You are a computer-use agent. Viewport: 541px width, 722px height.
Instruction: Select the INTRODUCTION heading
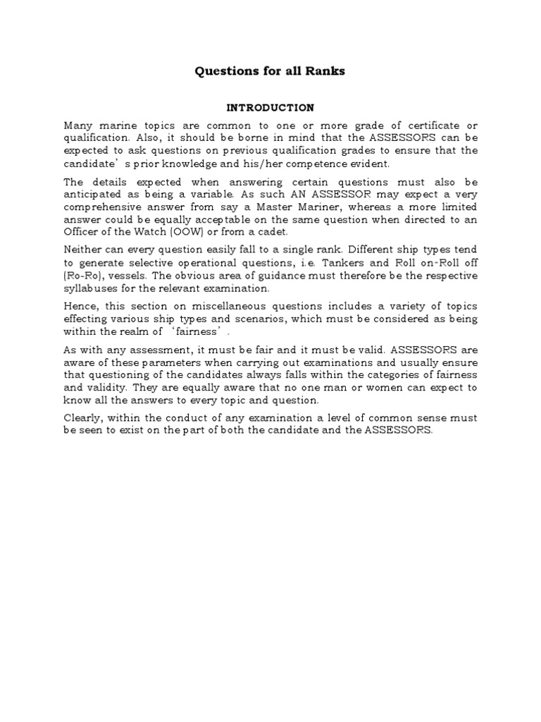[x=270, y=108]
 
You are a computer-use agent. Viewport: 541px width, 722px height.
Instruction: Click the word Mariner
[x=316, y=207]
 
